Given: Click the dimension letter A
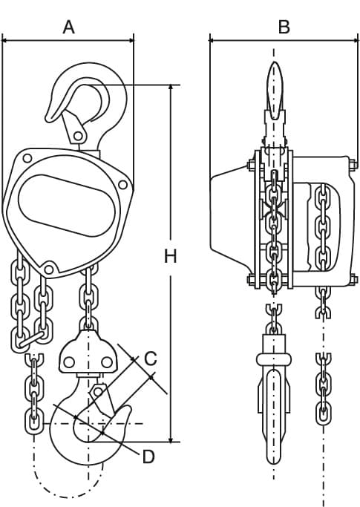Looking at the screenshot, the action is tap(68, 27).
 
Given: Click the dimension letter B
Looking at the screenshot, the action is tap(284, 27).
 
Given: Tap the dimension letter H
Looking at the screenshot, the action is tap(171, 256).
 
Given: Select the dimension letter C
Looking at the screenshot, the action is tap(150, 359).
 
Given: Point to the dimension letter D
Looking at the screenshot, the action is tap(148, 457).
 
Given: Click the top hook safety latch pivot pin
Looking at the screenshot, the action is tap(78, 136).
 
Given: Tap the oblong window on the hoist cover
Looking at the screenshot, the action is tap(67, 206).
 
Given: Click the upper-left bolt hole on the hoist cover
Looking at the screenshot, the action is tap(27, 158).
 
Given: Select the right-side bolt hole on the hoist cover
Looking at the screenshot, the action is tap(122, 185).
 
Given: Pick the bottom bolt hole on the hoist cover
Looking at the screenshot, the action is tap(48, 269).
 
